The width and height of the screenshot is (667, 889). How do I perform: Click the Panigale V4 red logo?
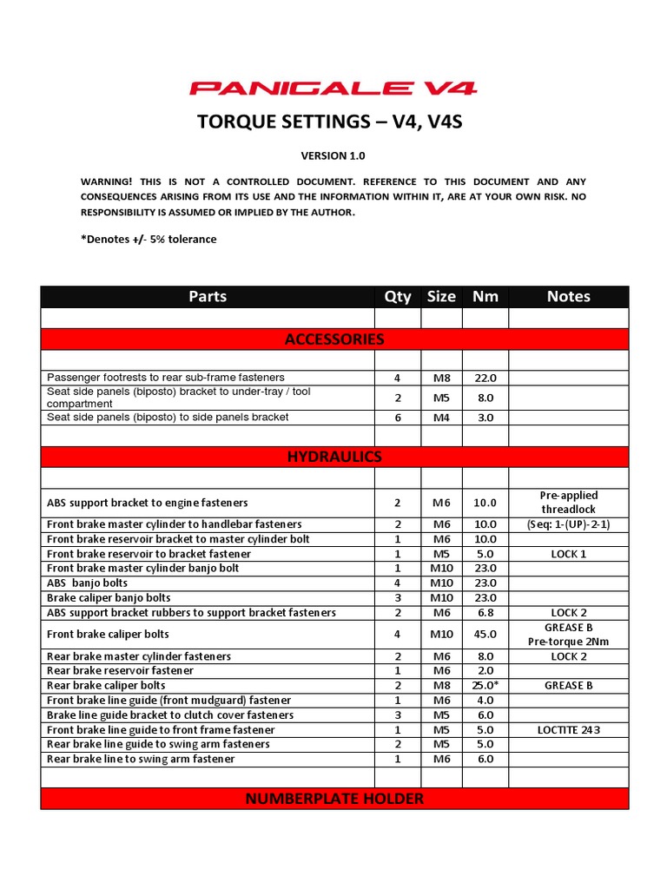(333, 88)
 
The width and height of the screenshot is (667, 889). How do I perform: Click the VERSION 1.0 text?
(333, 156)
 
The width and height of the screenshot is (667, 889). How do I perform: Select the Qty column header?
(398, 297)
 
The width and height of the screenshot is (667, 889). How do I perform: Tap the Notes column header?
(569, 297)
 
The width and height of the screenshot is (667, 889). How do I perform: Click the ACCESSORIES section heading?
(334, 339)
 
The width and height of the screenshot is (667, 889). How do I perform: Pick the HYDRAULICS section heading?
(334, 457)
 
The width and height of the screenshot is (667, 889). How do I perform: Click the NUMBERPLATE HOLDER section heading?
(334, 799)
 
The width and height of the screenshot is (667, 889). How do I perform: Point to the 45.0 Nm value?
(485, 634)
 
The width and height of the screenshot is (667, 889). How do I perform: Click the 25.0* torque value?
(485, 685)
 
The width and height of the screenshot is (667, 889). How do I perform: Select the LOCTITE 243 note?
(569, 729)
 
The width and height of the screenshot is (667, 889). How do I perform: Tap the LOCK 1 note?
(569, 554)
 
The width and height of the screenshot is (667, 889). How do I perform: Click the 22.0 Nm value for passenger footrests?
(485, 378)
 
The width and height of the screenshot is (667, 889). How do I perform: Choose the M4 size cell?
(441, 418)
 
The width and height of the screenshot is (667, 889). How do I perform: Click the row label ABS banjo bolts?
(87, 583)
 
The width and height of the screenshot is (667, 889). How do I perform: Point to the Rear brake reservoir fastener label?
(120, 670)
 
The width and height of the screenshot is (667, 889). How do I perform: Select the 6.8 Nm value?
(485, 613)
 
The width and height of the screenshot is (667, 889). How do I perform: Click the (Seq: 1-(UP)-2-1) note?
(569, 524)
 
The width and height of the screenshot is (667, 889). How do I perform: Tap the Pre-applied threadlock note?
(569, 502)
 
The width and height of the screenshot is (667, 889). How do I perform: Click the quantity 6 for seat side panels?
(398, 418)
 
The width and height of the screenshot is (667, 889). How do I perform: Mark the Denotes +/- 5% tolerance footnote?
(149, 239)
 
